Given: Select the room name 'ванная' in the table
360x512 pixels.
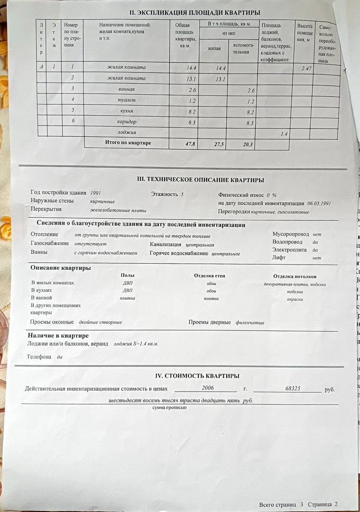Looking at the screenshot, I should (x=127, y=89).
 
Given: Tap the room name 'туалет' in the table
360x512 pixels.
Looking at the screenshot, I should (x=127, y=100).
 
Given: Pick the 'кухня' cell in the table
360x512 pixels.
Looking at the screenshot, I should (x=127, y=110).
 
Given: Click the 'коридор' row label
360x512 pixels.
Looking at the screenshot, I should (x=127, y=121).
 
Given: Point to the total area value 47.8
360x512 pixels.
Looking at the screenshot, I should (x=190, y=144).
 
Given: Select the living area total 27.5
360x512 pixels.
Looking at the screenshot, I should (x=219, y=144).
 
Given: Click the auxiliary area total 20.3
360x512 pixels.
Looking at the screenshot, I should (x=248, y=145).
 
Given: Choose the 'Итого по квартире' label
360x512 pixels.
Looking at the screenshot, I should (x=128, y=142).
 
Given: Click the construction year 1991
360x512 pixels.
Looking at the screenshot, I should (x=95, y=193).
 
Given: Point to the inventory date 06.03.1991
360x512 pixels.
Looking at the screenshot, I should (x=319, y=203).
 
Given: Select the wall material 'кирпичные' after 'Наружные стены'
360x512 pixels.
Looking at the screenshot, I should (x=102, y=201).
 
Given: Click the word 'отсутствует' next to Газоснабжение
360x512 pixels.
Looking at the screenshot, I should (x=91, y=244).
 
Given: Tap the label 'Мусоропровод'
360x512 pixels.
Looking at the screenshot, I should (x=290, y=234).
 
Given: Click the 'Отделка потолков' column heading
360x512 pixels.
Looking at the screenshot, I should (x=295, y=276).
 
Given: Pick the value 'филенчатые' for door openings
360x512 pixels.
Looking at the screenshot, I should (x=250, y=323).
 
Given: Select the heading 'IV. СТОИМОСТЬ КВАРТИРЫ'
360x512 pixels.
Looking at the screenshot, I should (x=197, y=376).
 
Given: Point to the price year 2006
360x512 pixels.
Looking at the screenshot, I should (x=208, y=388).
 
